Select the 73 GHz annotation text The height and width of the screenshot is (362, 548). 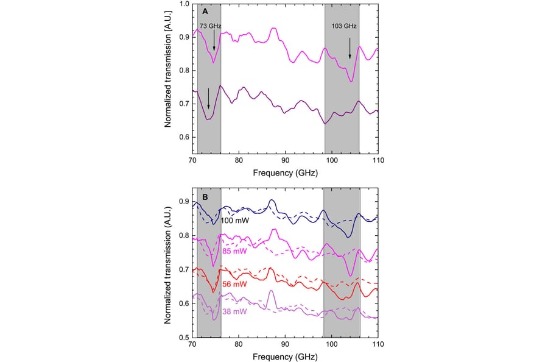[x=210, y=26]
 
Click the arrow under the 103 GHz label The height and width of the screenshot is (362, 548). [x=350, y=48]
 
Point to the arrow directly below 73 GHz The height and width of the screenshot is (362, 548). [x=214, y=41]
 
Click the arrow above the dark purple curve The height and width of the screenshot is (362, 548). [x=208, y=97]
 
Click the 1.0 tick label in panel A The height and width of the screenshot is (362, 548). [x=183, y=4]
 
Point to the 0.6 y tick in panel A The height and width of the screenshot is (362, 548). [x=183, y=137]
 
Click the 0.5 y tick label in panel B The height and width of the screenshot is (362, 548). [x=183, y=336]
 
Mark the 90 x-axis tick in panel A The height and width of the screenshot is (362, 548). [x=285, y=160]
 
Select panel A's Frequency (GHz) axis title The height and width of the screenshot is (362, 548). [x=285, y=174]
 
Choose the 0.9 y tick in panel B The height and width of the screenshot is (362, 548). [x=183, y=202]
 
